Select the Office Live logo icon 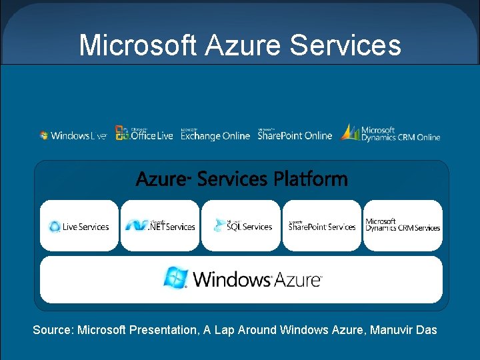122,133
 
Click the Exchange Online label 215,135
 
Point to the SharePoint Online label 295,135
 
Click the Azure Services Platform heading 241,179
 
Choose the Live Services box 79,226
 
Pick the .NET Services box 160,226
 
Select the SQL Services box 241,226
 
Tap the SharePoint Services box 322,226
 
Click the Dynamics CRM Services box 403,226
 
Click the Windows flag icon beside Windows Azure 176,277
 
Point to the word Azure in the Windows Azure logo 297,279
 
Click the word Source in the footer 52,330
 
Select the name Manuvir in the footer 393,330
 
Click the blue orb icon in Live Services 55,227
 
